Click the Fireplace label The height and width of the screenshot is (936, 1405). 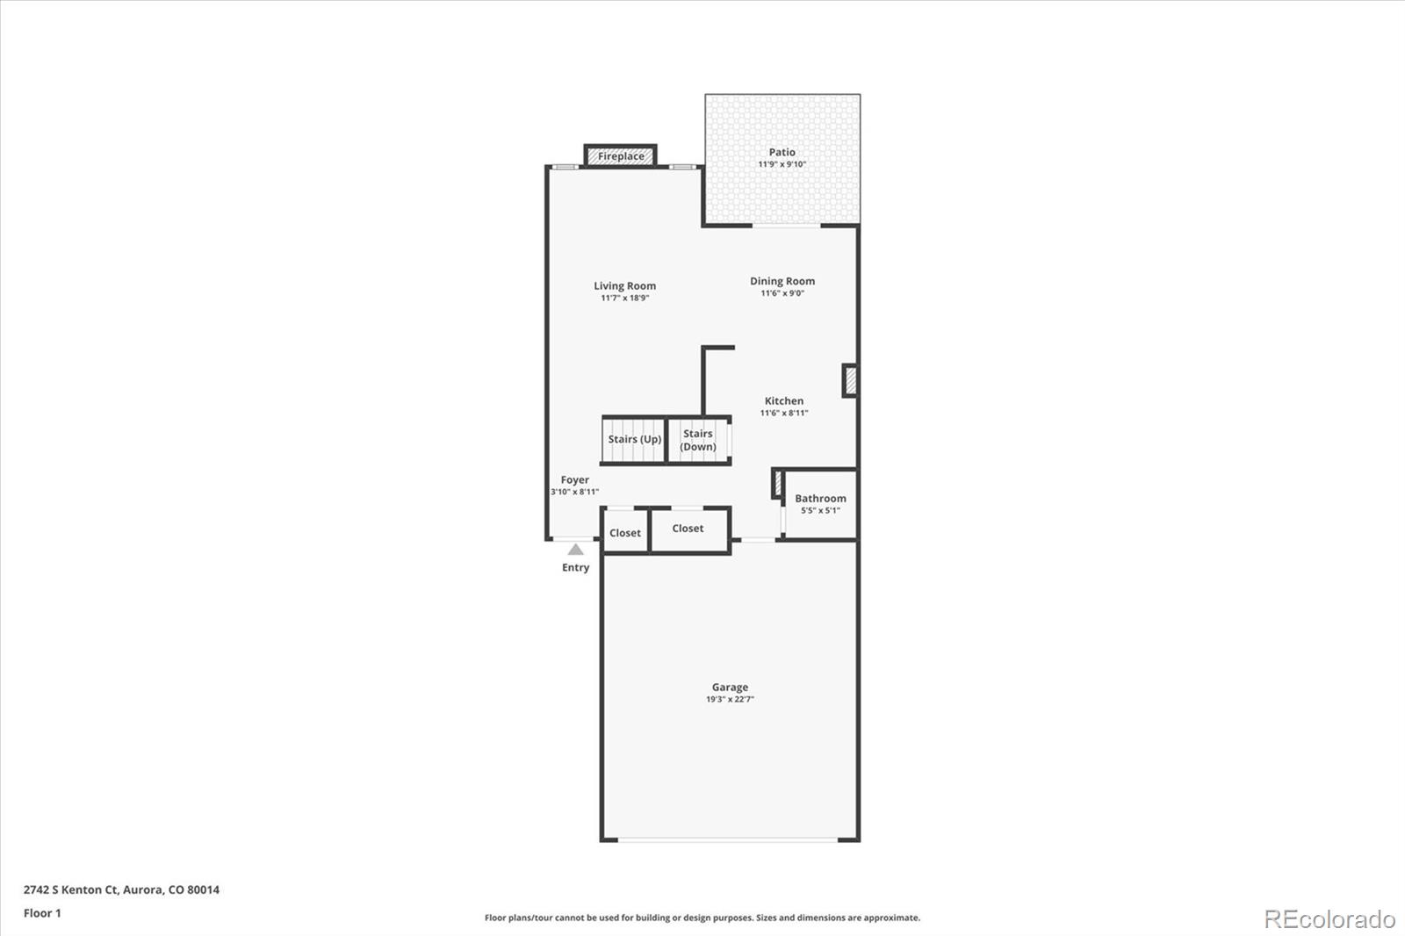620,156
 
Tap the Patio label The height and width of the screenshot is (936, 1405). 782,152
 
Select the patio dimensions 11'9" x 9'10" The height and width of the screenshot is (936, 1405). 782,164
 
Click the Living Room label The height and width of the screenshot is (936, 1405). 624,286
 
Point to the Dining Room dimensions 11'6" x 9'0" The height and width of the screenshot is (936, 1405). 782,293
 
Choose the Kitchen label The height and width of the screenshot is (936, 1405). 784,401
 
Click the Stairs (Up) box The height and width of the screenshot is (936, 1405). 633,441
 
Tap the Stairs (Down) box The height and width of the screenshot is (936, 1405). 699,441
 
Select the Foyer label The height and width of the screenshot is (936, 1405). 574,480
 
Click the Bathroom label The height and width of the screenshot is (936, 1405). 820,499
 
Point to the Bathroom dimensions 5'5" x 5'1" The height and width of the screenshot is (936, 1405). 820,511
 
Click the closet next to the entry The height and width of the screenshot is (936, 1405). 625,530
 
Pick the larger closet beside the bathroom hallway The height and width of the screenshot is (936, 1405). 690,529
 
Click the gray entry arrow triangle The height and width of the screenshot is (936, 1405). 575,551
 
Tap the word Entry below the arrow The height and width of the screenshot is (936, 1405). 575,568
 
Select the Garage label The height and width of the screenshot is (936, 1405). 730,688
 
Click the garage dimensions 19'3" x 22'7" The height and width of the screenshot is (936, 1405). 730,700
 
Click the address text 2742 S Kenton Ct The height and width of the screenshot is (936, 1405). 71,889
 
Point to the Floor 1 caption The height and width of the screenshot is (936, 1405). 43,913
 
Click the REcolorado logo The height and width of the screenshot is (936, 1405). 1329,919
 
